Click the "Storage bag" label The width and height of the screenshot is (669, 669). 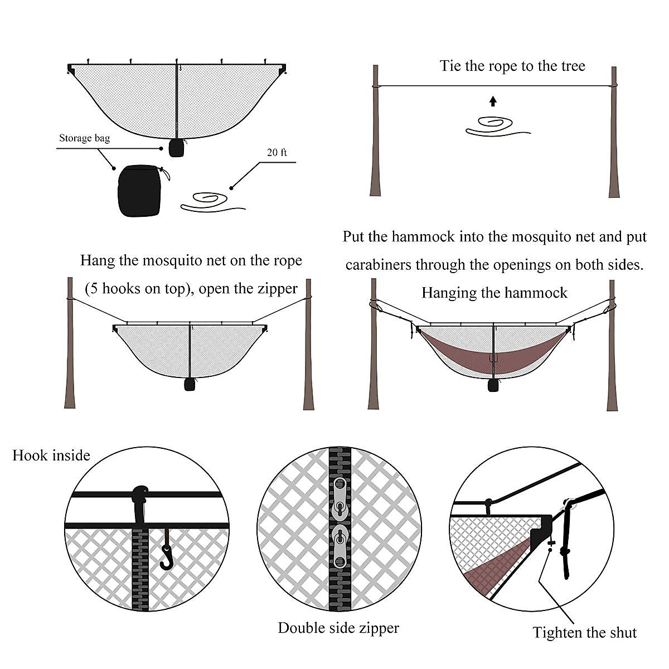point(84,138)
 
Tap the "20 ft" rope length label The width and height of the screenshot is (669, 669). point(277,152)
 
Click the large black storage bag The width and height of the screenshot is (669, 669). point(139,191)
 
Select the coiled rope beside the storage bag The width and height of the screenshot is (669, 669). point(210,202)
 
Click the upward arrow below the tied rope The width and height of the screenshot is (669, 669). point(492,101)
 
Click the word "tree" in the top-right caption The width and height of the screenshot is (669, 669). point(569,66)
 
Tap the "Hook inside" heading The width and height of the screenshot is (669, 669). point(51,455)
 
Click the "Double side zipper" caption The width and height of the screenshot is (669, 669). point(338,628)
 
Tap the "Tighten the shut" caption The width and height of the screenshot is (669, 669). point(584,632)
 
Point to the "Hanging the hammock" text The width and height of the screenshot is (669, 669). point(494,293)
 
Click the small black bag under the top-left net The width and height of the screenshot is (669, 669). point(176,148)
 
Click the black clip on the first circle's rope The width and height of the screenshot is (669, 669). point(140,495)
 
